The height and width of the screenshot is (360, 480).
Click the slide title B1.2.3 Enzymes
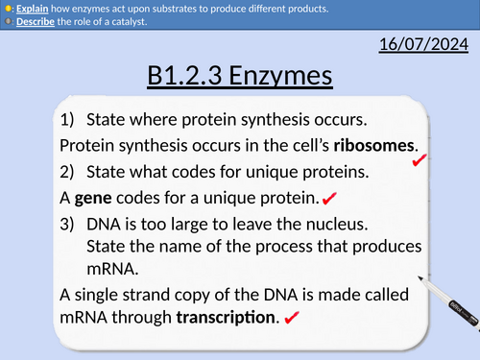tap(240, 76)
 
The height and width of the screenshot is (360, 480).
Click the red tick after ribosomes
tap(419, 163)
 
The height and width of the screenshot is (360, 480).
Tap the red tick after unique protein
tap(329, 199)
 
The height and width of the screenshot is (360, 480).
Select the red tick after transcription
tap(292, 318)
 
